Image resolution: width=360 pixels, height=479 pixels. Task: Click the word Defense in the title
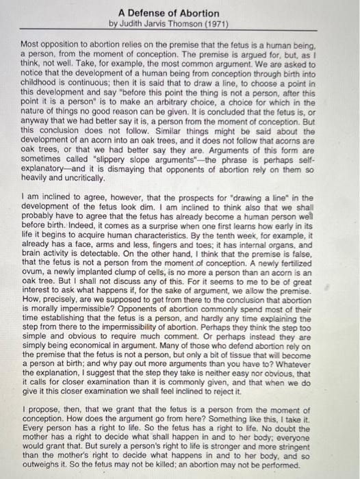(146, 13)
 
